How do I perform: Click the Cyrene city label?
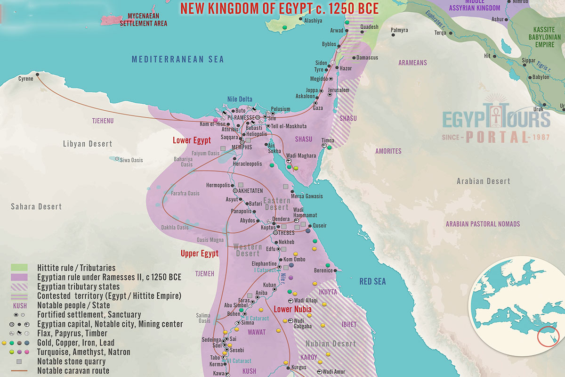26,79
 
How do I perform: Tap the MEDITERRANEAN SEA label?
178,59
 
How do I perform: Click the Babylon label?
541,77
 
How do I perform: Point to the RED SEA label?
372,282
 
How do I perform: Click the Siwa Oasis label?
130,160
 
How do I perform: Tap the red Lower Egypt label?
192,140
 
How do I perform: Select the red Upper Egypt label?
200,254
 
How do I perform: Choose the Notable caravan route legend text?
73,371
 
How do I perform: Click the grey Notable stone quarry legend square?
19,362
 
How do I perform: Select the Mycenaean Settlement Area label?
144,20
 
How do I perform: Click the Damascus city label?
367,57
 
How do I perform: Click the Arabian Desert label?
484,181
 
